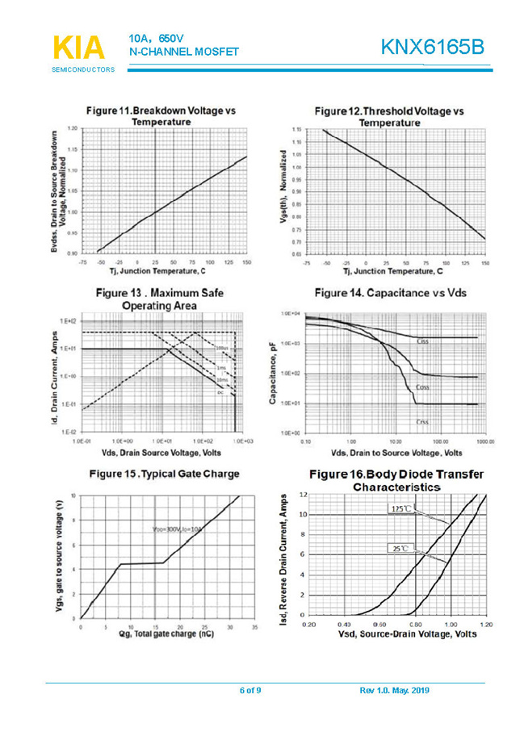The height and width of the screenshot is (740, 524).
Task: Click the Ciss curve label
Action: [x=421, y=341]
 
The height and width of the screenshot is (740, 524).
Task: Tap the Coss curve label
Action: [x=421, y=388]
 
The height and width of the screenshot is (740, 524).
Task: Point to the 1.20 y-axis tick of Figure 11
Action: [x=73, y=128]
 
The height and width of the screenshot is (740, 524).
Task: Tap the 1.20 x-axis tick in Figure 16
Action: [x=486, y=625]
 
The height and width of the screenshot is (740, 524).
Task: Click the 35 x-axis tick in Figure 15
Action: [x=254, y=627]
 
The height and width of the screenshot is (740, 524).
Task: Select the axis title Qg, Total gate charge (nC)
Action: [x=166, y=635]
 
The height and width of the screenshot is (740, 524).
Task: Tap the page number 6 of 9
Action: [x=250, y=690]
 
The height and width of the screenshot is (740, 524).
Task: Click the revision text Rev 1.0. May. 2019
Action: [x=394, y=690]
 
